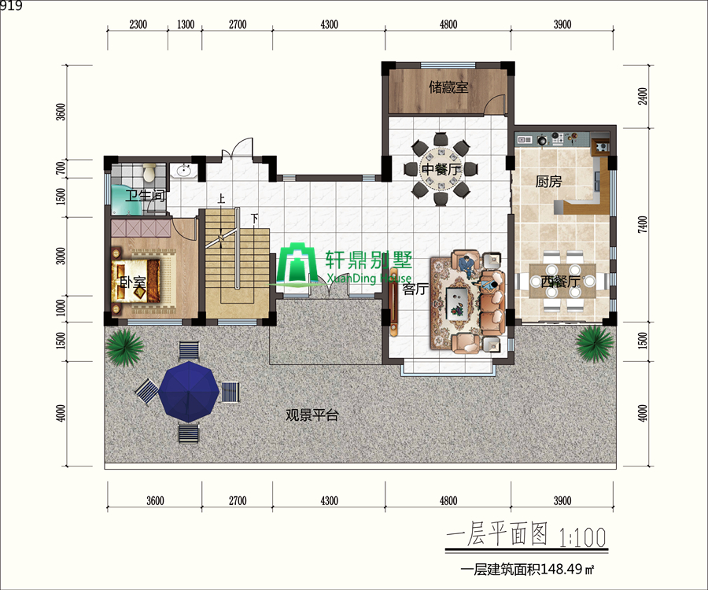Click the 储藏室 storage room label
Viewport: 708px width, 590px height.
(448, 87)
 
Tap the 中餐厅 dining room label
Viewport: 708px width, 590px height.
(441, 169)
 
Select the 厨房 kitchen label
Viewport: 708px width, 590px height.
(548, 182)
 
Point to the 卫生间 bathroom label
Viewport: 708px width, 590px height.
(145, 195)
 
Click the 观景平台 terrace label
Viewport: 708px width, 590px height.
(312, 415)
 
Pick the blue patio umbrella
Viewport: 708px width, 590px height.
(188, 392)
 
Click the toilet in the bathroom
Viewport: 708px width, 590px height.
(149, 172)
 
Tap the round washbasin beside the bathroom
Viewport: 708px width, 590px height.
(184, 171)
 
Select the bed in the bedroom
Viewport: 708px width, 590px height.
(135, 281)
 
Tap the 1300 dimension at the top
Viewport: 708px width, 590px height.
(185, 24)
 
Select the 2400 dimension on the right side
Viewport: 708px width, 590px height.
(642, 96)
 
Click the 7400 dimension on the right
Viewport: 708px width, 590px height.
(642, 224)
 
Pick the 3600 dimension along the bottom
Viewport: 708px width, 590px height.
(155, 500)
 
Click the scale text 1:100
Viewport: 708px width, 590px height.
(582, 537)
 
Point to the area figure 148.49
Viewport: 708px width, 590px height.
(561, 570)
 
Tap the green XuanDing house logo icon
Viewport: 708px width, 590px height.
(297, 264)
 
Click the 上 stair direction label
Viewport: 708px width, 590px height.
(221, 198)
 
